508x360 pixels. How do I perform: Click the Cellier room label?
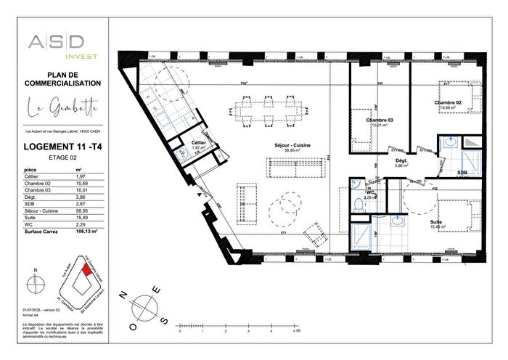point(199,143)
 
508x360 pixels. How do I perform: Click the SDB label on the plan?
point(462,172)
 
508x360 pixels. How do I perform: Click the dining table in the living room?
point(270,112)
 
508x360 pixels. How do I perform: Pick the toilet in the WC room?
point(358,206)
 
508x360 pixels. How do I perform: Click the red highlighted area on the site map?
point(88,270)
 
